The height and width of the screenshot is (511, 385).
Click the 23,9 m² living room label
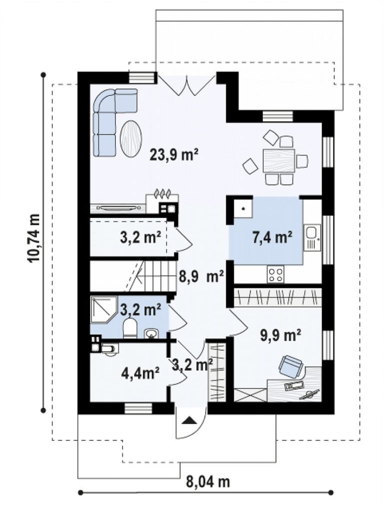pos(174,155)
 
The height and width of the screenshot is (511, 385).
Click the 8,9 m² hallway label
pos(201,277)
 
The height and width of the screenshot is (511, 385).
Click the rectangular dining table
pos(279,161)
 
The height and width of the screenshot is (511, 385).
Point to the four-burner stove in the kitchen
pos(276,273)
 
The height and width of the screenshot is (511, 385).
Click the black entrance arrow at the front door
pos(189,421)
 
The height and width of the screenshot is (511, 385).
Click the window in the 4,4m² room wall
pos(138,408)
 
